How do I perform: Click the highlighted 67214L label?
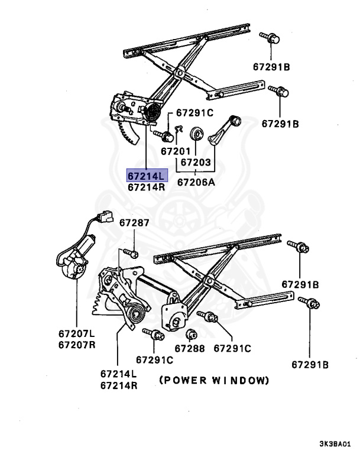[147, 176]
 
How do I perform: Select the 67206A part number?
[196, 182]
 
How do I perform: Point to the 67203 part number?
[196, 161]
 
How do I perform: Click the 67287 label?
[135, 223]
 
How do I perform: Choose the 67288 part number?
[189, 349]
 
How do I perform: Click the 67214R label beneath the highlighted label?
[147, 187]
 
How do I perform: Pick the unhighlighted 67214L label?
[118, 374]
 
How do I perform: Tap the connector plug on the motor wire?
[105, 216]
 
